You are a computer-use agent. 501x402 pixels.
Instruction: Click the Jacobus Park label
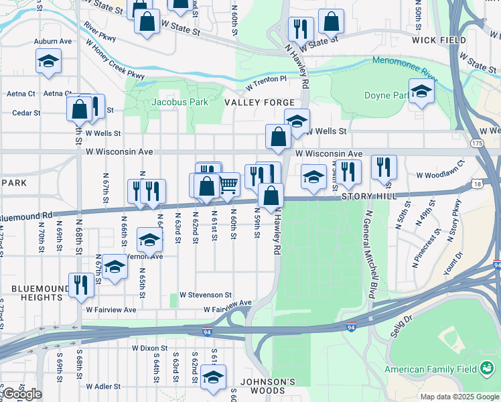coord(180,102)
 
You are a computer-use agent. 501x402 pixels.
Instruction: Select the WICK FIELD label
coord(439,40)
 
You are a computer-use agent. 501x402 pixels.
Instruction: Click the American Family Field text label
coord(431,369)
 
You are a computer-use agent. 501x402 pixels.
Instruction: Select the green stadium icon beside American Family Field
coord(487,368)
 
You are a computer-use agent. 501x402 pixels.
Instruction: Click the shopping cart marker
coord(228,184)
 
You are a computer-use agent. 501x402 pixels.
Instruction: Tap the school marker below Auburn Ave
coord(48,62)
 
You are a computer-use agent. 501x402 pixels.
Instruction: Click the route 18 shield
coord(477,183)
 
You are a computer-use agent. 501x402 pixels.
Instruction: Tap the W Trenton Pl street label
coord(265,83)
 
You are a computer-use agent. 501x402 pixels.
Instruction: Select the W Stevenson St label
coord(206,295)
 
